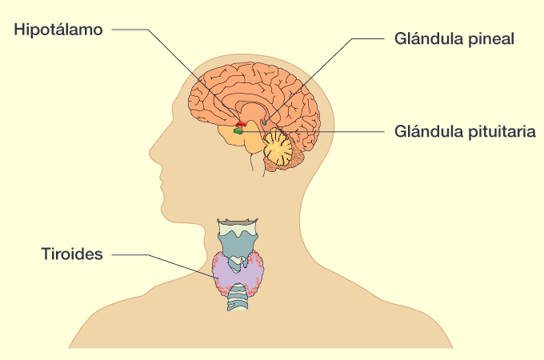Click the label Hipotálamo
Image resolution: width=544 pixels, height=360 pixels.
[x=58, y=30]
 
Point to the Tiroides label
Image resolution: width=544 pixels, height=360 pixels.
[x=72, y=255]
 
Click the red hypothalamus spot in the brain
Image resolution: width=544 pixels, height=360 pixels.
[x=239, y=122]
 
